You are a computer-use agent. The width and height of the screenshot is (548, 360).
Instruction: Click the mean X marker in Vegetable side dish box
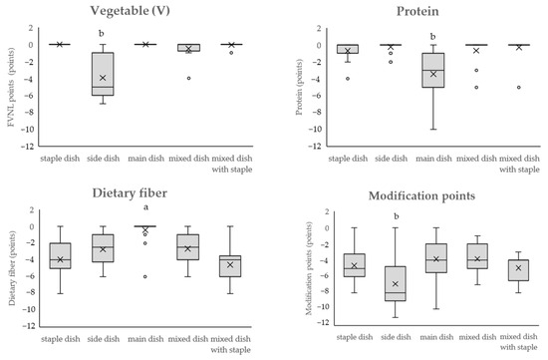102,77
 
